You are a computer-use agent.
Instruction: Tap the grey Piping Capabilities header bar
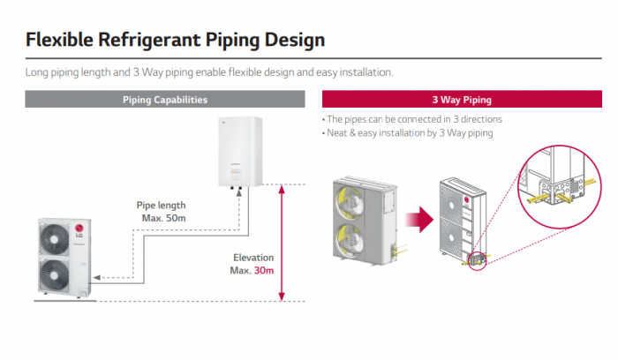pos(165,99)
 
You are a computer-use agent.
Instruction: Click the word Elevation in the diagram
pos(252,257)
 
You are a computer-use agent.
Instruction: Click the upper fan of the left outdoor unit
pos(54,237)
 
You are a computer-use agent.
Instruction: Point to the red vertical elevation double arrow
pos(282,243)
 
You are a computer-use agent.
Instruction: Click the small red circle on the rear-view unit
pos(478,259)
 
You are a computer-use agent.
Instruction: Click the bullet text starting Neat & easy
pos(410,132)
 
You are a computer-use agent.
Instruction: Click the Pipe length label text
pos(161,205)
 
